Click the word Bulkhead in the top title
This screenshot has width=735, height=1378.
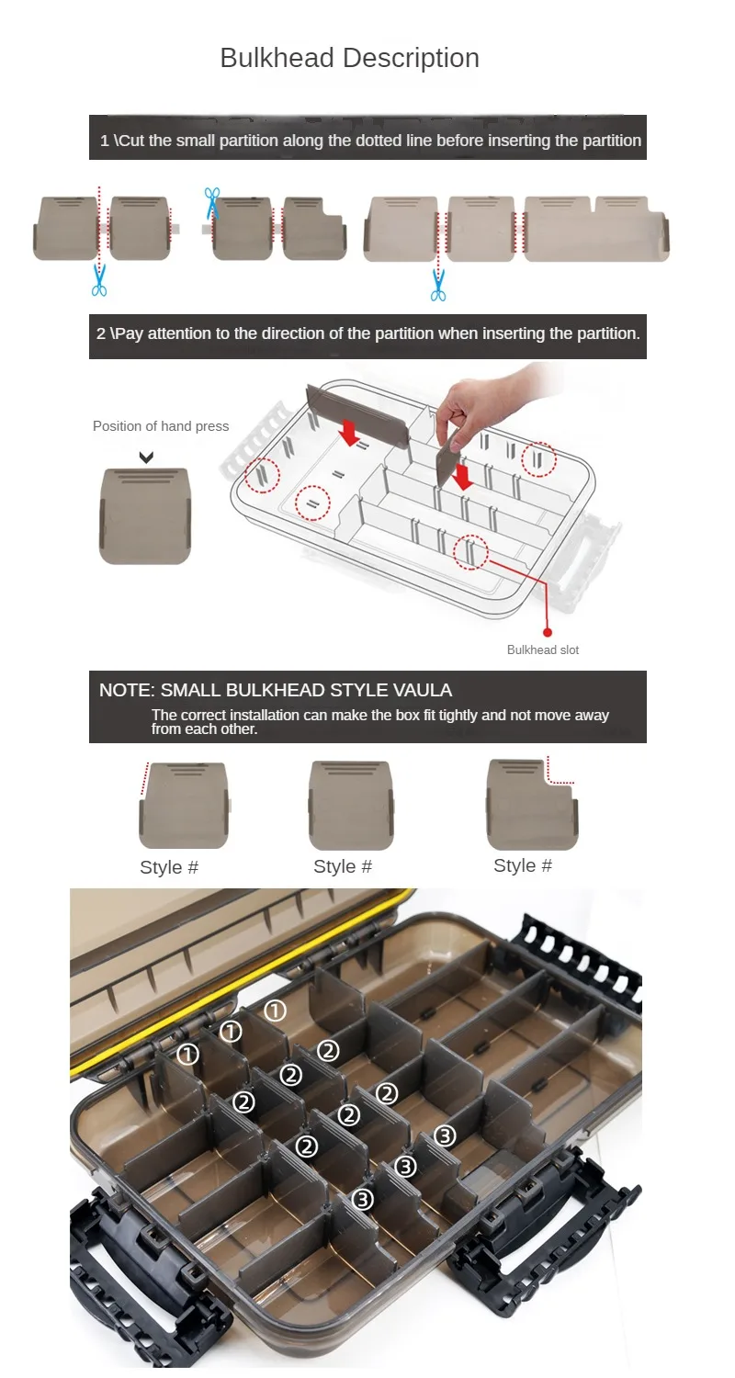(277, 58)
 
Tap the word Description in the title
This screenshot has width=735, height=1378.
(411, 59)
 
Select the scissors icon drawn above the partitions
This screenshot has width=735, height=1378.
(212, 202)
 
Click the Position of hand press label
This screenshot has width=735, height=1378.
(161, 426)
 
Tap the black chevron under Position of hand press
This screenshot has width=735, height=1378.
(146, 457)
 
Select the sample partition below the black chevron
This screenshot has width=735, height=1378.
(145, 516)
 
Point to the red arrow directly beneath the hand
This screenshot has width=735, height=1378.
(462, 477)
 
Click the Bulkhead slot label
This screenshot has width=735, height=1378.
(542, 649)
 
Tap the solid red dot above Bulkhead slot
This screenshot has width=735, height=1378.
(548, 632)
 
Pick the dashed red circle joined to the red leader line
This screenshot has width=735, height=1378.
(471, 552)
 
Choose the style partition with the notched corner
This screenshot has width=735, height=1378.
(532, 805)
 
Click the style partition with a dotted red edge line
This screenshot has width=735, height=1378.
(184, 806)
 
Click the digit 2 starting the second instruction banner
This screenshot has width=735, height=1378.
(101, 333)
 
